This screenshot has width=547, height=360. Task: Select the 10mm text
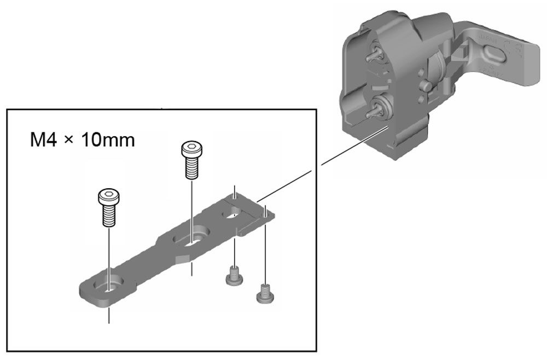[108, 140]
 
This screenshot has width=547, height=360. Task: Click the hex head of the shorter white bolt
[108, 197]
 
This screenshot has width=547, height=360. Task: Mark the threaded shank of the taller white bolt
[192, 168]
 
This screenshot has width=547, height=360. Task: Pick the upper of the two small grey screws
[234, 276]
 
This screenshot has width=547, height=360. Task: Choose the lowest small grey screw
[265, 294]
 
